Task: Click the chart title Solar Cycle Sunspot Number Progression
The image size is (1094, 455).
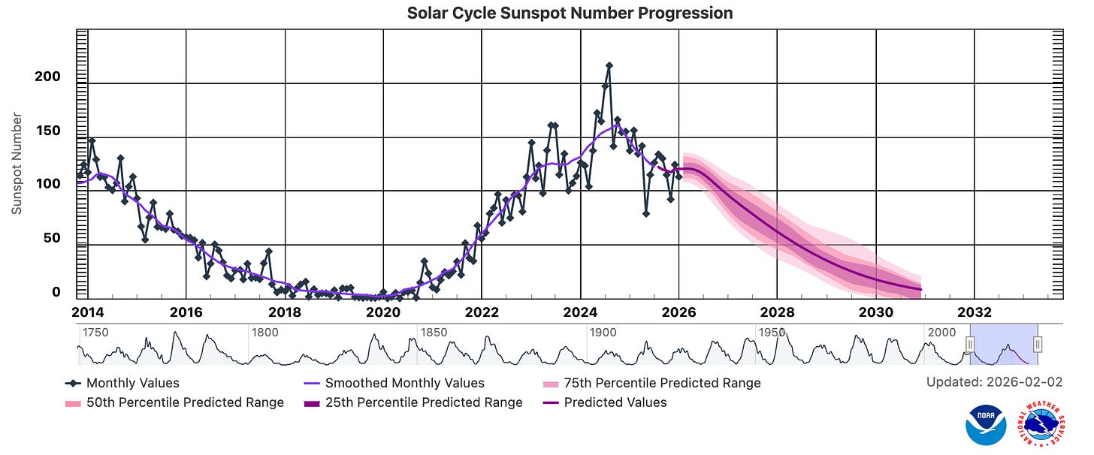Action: tap(570, 14)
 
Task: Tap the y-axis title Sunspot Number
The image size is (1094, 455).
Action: tap(17, 164)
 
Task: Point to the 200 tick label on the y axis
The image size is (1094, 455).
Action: tap(47, 77)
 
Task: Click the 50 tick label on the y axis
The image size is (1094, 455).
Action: tap(52, 238)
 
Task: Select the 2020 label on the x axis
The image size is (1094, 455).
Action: tap(383, 312)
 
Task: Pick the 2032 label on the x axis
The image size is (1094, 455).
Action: tap(975, 312)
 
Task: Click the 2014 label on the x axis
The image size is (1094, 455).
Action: tap(88, 312)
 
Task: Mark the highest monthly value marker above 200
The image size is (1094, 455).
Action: tap(609, 65)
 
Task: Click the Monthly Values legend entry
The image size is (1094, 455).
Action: tap(122, 383)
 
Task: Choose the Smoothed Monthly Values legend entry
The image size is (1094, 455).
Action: tap(394, 383)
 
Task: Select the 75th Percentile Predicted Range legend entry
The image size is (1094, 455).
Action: tap(651, 383)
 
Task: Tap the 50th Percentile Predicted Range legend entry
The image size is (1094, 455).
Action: tap(174, 402)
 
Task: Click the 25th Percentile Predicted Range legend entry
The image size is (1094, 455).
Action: tap(413, 402)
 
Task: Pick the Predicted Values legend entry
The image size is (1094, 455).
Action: tap(605, 402)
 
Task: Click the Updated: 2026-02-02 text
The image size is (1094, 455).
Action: tap(994, 382)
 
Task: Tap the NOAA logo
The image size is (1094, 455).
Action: tap(986, 425)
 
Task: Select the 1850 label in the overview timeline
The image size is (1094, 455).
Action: tap(434, 333)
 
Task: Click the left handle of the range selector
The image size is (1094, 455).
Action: tap(970, 345)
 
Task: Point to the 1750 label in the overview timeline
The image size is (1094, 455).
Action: tap(95, 333)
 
